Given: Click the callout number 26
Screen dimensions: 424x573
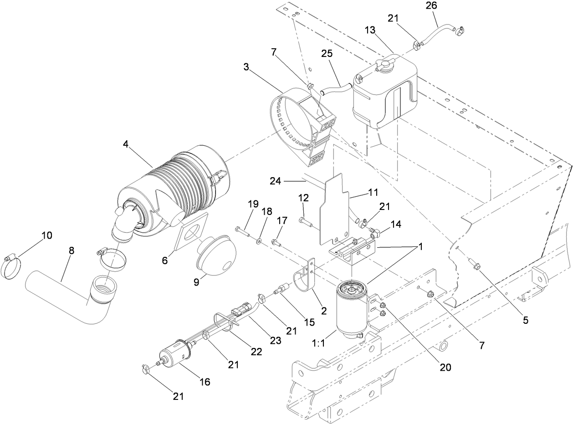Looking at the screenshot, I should tap(431, 6).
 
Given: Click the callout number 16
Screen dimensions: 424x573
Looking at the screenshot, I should tap(205, 382).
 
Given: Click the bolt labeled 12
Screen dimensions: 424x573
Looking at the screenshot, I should tap(307, 222).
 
